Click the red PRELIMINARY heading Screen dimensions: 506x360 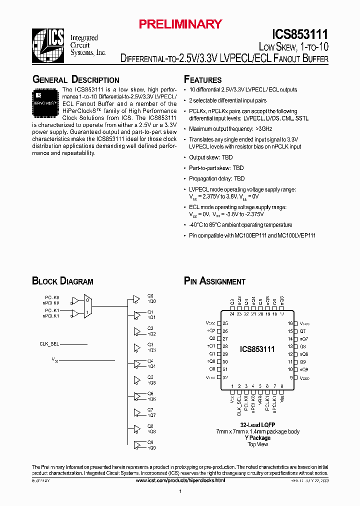(180, 23)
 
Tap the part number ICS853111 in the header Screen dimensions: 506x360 (300, 34)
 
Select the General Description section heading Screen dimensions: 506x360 (75, 79)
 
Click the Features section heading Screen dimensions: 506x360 (202, 79)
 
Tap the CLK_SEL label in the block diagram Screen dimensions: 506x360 (50, 344)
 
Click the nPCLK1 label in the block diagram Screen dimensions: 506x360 (50, 316)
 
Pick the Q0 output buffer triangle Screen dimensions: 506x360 (136, 299)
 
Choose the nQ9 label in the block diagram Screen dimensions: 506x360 (151, 447)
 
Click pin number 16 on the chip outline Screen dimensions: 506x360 (290, 323)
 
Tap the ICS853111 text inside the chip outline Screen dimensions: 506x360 (257, 349)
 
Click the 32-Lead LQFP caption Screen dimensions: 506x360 (257, 424)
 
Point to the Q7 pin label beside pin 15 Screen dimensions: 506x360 (302, 331)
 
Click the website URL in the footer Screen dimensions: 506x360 (180, 480)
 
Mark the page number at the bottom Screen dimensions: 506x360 (180, 492)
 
